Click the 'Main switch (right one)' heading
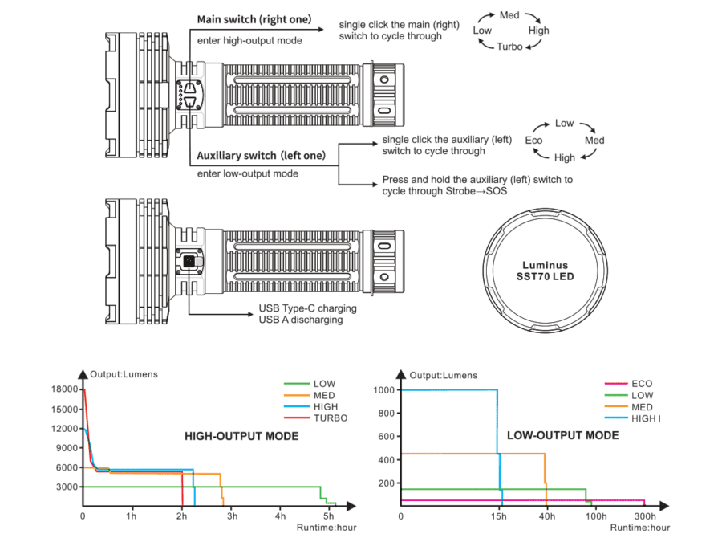coord(254,19)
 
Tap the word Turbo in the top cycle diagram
coord(509,47)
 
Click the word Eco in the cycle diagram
coord(533,141)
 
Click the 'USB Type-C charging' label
coord(307,308)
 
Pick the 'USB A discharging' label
coord(301,320)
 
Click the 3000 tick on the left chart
coord(67,487)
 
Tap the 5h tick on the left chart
coord(330,516)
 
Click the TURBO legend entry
coord(331,418)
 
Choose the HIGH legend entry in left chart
coord(325,406)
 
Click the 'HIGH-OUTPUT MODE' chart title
coord(241,436)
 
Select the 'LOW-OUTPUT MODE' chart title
coord(562,435)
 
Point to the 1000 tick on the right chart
coord(385,390)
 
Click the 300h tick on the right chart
coord(645,516)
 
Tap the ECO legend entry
coord(643,384)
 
